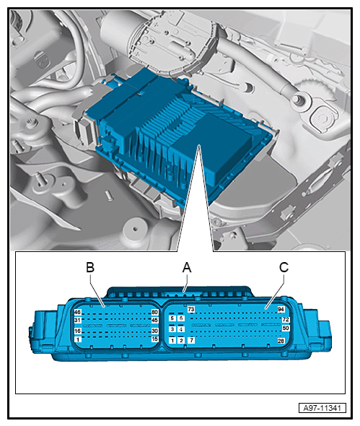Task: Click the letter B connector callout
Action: click(90, 267)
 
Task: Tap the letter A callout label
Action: click(187, 268)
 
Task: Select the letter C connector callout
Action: click(284, 267)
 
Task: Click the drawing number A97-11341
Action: click(322, 408)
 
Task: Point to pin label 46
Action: click(78, 312)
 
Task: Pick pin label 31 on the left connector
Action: click(78, 320)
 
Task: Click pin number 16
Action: click(78, 331)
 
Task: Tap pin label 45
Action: click(155, 320)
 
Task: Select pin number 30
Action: click(155, 331)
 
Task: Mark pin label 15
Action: click(155, 339)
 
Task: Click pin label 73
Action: click(191, 309)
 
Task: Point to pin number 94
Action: click(281, 309)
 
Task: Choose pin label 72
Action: click(286, 319)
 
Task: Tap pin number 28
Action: click(281, 340)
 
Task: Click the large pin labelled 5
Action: click(172, 318)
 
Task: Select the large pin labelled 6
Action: click(181, 318)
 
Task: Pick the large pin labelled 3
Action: click(172, 329)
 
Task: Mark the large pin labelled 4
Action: click(181, 329)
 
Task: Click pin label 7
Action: click(191, 340)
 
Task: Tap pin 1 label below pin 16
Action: click(78, 339)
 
